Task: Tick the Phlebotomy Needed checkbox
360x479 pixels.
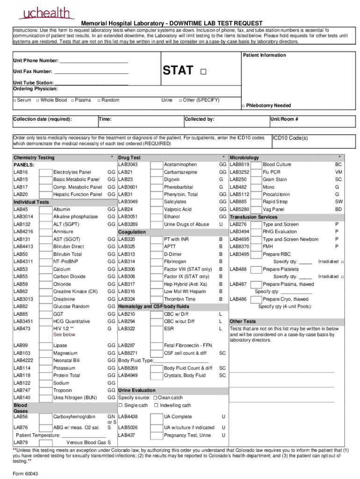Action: pos(243,106)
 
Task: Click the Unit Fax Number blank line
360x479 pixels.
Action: pos(91,72)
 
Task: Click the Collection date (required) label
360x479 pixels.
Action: pos(43,119)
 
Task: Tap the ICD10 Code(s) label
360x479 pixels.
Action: pos(290,138)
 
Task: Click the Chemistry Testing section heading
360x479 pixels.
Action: pos(34,158)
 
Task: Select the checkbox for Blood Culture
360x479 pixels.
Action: pos(256,165)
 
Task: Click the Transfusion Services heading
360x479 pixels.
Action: pos(253,217)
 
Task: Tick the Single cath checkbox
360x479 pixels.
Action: pos(120,406)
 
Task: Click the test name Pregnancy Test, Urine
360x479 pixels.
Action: pos(187,435)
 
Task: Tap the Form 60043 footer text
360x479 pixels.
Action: pos(26,473)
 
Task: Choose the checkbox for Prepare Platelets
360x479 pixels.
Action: pos(256,269)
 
